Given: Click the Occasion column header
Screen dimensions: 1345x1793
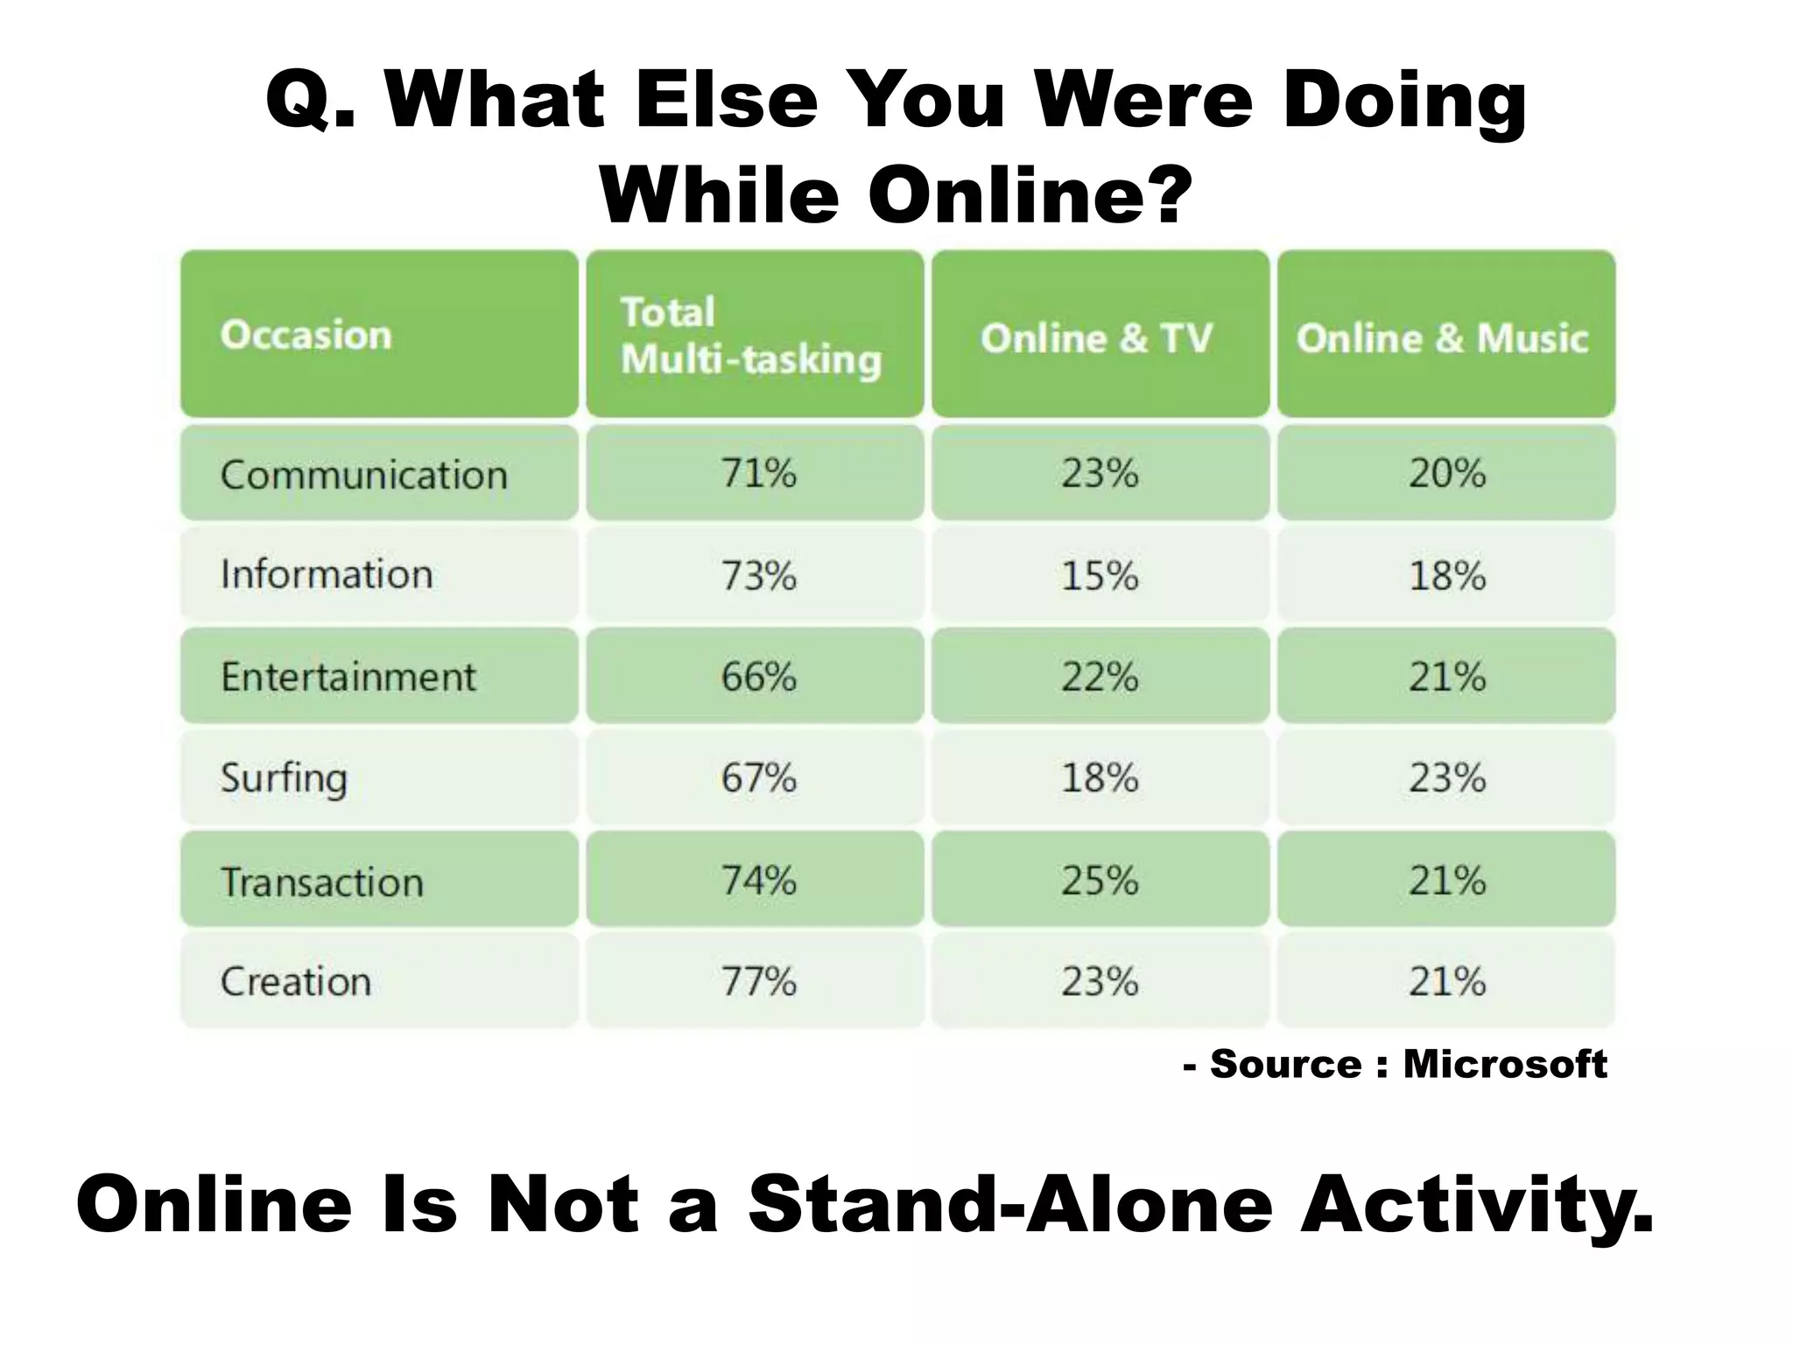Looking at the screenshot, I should pos(306,335).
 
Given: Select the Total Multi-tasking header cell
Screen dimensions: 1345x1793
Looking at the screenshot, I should pos(751,335).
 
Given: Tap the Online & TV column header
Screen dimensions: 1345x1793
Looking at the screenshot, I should pos(1096,338).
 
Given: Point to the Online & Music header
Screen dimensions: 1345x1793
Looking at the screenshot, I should pos(1443,338).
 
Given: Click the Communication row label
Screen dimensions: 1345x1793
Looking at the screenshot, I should pos(363,475).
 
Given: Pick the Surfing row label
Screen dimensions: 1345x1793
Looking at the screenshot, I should pos(284,778).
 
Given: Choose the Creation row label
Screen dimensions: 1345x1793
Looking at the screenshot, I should pos(296,981).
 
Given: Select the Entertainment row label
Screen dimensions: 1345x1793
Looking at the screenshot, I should pos(348,677).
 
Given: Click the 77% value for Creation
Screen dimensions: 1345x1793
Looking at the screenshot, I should pos(758,981).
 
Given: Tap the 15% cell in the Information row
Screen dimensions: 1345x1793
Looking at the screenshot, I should pos(1100,575).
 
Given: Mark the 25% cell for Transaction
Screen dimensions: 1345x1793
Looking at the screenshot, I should pos(1100,880).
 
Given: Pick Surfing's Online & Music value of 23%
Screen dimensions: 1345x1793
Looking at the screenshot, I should pos(1446,778).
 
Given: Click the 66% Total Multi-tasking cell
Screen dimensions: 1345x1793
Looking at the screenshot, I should pos(758,677).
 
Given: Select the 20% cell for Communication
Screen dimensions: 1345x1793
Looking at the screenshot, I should pos(1446,474).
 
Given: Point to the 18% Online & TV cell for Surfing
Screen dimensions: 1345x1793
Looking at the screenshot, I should pos(1100,778).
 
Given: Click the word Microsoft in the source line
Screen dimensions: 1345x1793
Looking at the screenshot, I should pos(1504,1064).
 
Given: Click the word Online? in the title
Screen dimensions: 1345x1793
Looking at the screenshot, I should pos(1030,194).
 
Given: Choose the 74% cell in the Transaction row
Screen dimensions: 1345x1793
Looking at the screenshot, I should pos(758,880).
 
